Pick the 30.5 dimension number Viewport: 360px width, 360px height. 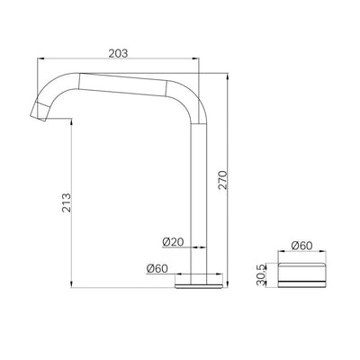(261, 274)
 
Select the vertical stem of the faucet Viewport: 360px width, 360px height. (198, 198)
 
